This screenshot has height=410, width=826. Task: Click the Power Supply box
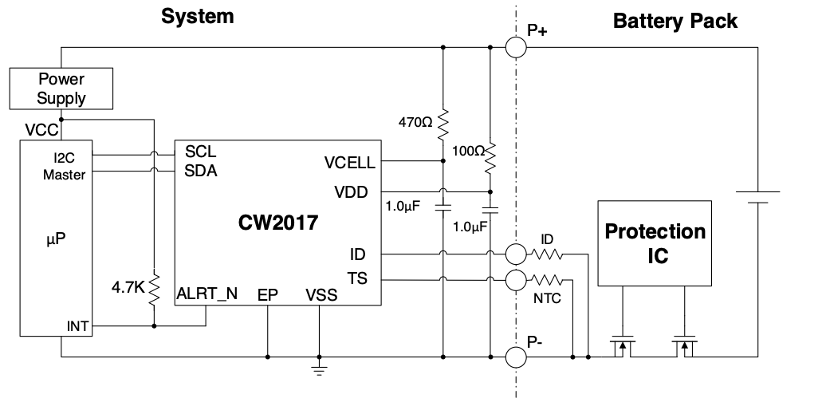(61, 89)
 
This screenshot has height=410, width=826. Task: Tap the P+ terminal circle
(516, 47)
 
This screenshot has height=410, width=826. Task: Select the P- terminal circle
(516, 357)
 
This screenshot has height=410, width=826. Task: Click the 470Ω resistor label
(415, 123)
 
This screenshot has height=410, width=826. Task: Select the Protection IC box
(655, 243)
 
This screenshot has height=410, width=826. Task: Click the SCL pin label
(201, 151)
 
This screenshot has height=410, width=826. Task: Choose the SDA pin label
(201, 169)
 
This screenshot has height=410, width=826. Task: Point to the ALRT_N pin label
(206, 294)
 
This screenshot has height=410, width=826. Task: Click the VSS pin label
(321, 295)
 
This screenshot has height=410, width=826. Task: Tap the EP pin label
(268, 295)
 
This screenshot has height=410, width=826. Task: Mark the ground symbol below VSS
(319, 369)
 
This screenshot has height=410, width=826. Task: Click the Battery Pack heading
(675, 21)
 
